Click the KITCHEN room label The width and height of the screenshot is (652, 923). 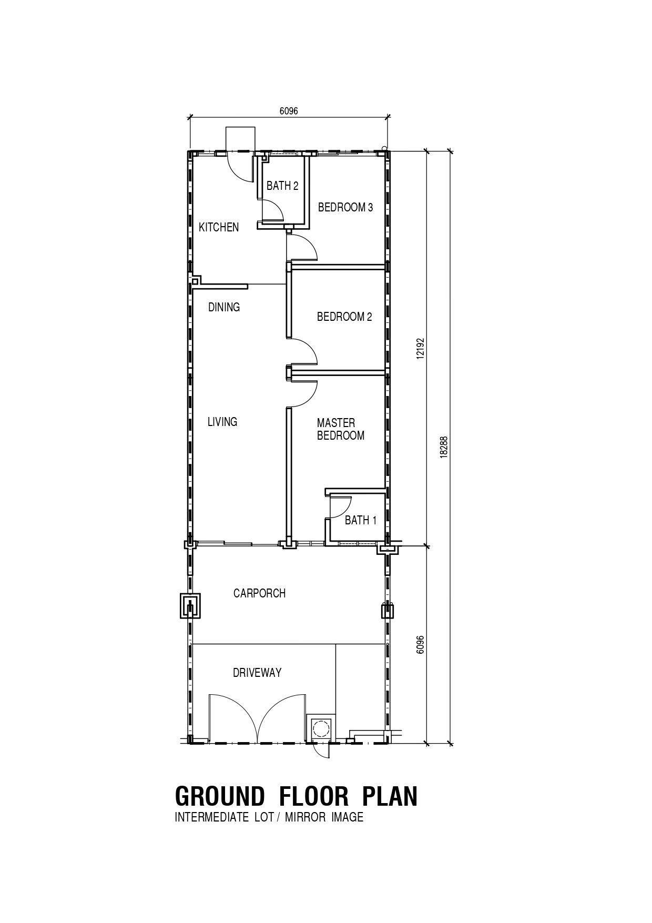click(219, 227)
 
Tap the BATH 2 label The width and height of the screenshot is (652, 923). click(282, 186)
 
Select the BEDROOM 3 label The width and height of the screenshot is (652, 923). click(345, 207)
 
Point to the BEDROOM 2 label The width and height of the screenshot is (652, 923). click(344, 317)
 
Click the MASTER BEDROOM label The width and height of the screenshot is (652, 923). click(341, 429)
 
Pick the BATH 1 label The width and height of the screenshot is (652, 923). click(361, 520)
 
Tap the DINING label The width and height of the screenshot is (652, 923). click(224, 307)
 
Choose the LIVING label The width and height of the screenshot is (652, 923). click(222, 422)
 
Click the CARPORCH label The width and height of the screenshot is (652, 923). click(259, 593)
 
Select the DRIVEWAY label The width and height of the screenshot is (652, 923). click(257, 673)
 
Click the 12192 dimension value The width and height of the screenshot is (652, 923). click(420, 348)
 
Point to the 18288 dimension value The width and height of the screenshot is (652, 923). click(444, 448)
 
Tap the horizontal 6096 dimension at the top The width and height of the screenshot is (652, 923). click(289, 111)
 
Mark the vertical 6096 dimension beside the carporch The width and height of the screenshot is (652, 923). click(420, 645)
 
